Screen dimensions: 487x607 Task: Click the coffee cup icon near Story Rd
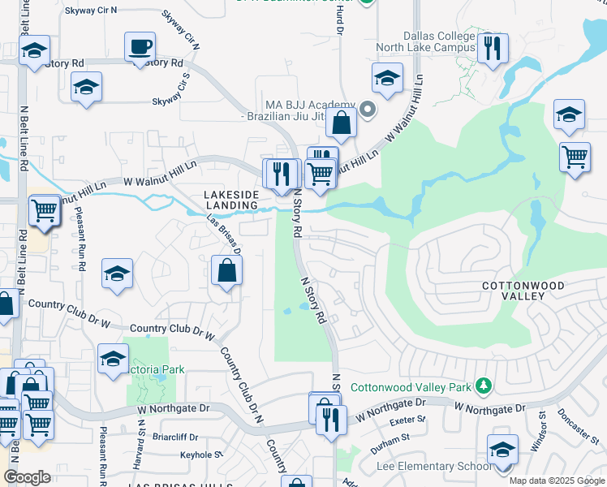140,46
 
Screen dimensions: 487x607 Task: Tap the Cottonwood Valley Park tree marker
484,384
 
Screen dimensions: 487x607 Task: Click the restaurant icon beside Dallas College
493,49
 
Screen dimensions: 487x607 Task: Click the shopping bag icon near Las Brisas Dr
227,271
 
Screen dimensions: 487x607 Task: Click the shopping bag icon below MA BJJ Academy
342,123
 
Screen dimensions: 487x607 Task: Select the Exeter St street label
407,420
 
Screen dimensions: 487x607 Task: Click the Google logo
28,477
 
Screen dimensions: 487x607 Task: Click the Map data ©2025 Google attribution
557,481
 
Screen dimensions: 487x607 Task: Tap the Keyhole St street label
200,455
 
